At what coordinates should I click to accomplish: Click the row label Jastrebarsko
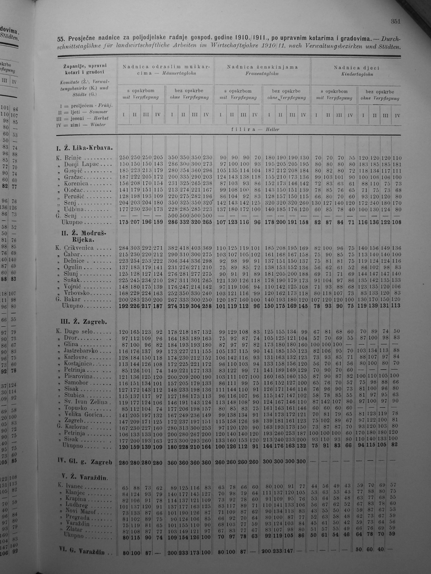click(x=81, y=351)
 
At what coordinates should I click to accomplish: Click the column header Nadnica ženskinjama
click(x=262, y=67)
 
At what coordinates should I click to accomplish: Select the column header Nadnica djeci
click(x=356, y=68)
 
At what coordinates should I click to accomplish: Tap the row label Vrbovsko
click(x=77, y=293)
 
